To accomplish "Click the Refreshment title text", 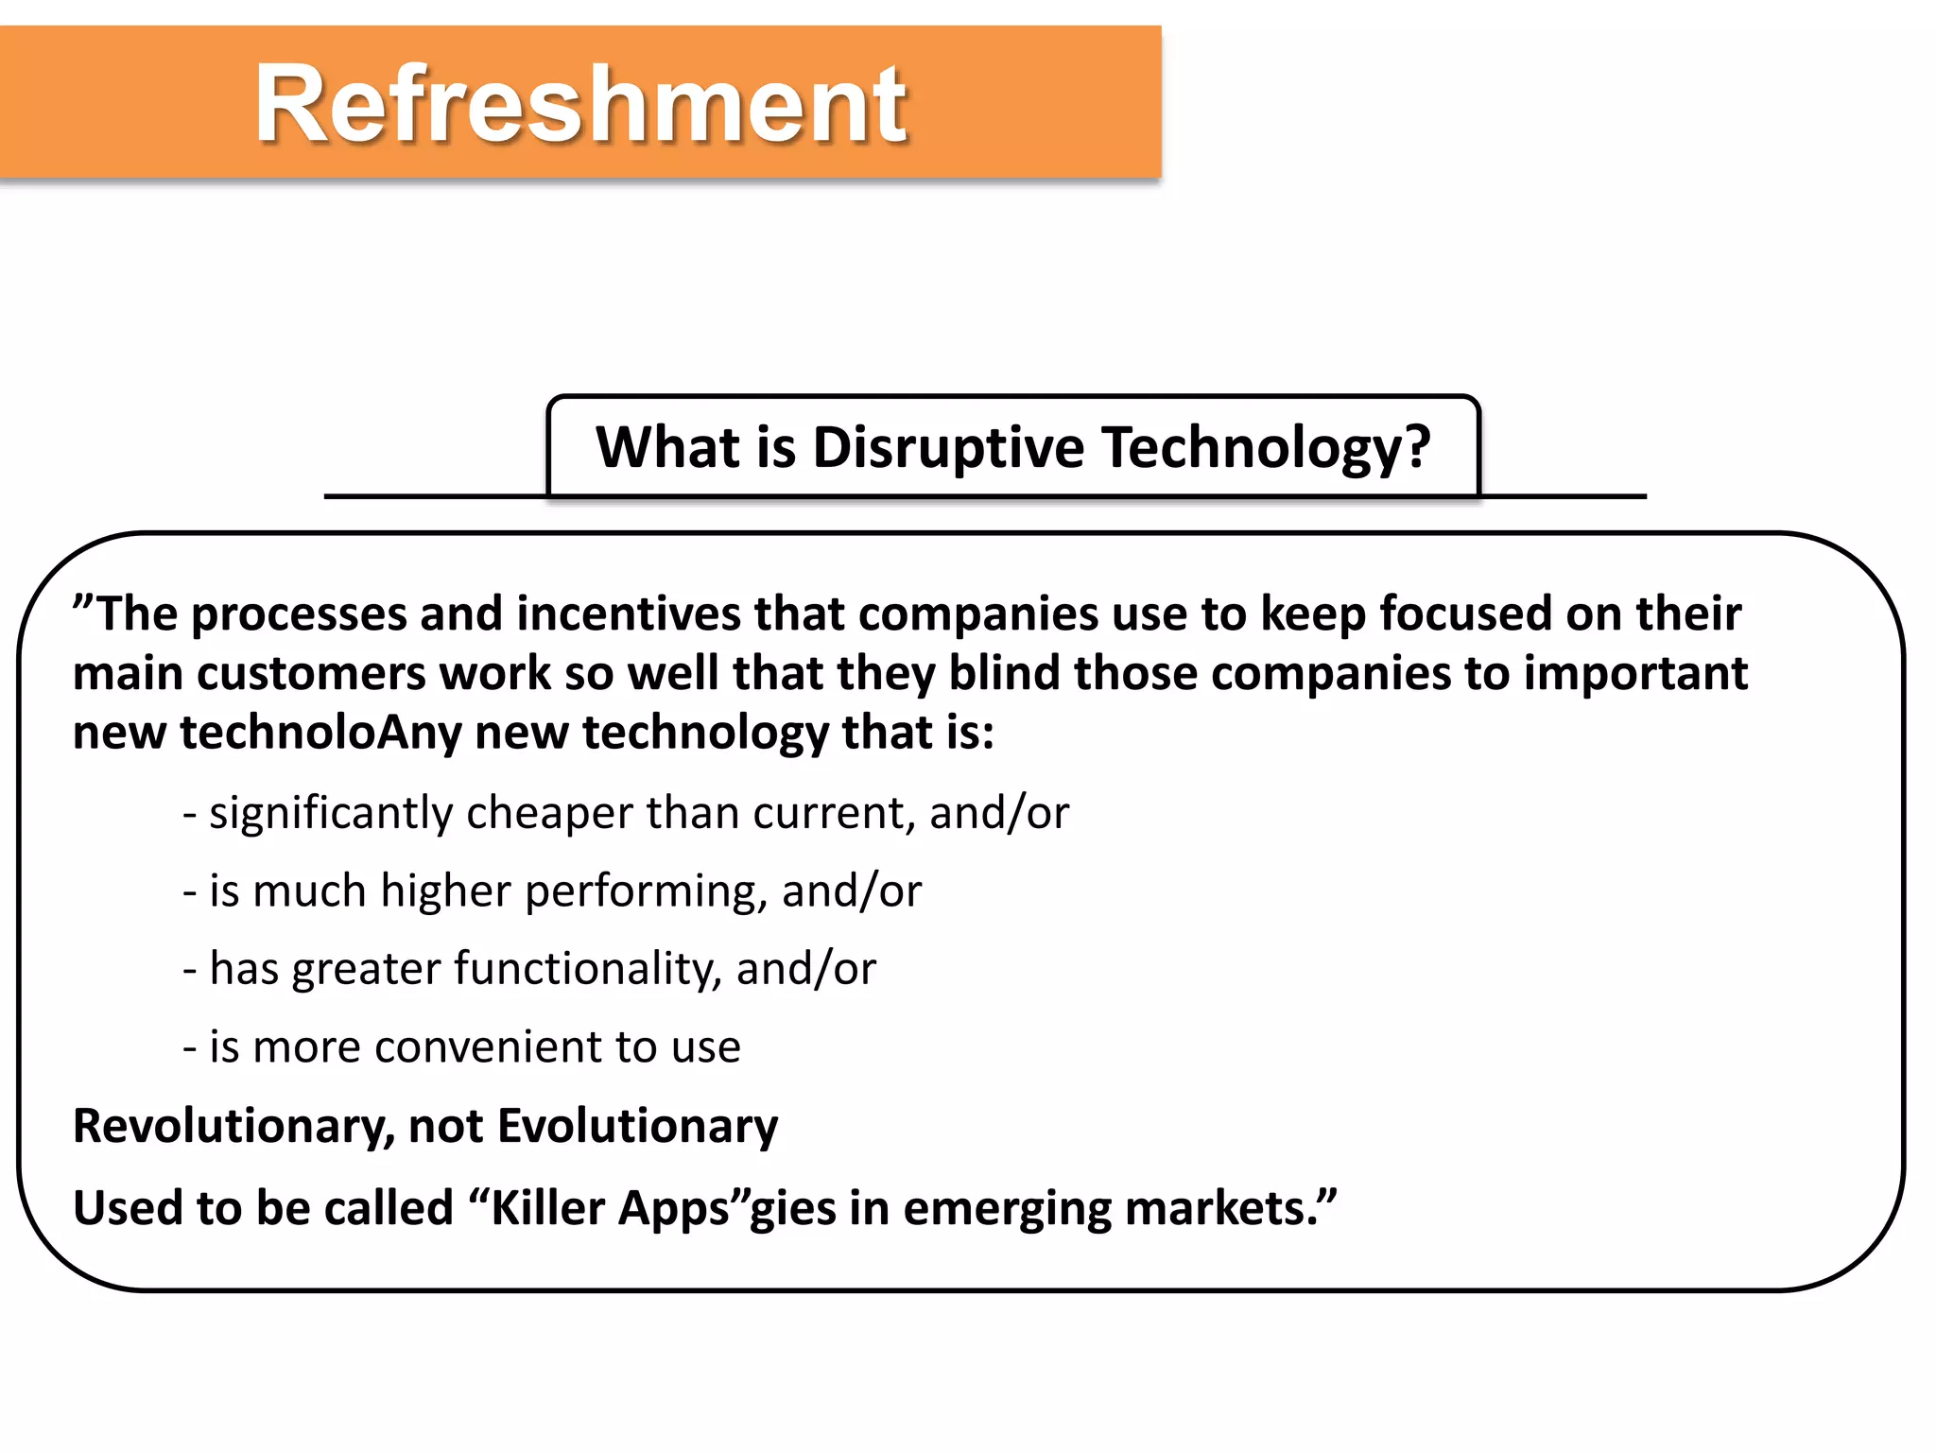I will (x=580, y=103).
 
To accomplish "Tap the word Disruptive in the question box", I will (x=948, y=447).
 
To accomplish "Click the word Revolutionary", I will (x=233, y=1127).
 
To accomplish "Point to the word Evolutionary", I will (x=637, y=1127).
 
